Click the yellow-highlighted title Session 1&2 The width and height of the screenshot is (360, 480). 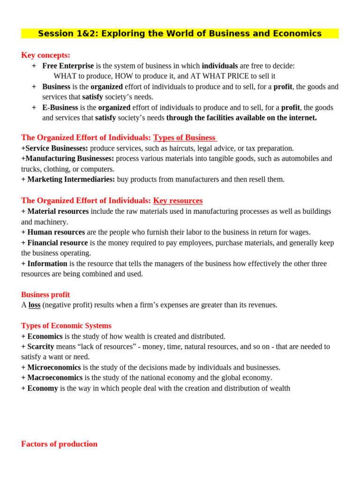coord(180,34)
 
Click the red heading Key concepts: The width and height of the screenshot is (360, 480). coord(45,55)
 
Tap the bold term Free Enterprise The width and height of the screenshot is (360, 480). coord(68,66)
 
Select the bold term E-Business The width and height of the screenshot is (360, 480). coord(60,107)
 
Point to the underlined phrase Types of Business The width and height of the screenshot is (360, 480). coord(185,137)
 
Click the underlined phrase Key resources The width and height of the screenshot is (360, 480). coord(178,201)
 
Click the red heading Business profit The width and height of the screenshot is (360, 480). coord(45,294)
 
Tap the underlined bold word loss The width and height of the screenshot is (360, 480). coord(34,305)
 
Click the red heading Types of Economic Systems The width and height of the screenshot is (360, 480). coord(66,325)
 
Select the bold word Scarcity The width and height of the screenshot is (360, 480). coord(40,346)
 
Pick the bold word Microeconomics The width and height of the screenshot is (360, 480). coord(54,367)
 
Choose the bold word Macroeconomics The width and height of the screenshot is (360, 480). coord(55,378)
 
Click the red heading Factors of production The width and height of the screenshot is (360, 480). coord(59,444)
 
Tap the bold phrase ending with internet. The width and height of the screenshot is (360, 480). coord(241,118)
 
